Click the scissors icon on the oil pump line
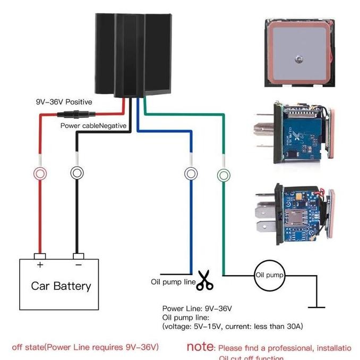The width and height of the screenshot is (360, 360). coord(204,281)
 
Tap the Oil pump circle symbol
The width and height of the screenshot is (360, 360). coord(269,276)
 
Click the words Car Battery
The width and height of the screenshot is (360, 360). coord(61,286)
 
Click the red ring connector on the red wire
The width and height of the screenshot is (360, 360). coord(40,173)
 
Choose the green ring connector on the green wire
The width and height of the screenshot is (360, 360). coord(223,174)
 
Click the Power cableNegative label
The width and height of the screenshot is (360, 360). coord(93,126)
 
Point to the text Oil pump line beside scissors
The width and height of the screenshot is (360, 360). coord(173,281)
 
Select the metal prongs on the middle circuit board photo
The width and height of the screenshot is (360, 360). coord(265,131)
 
